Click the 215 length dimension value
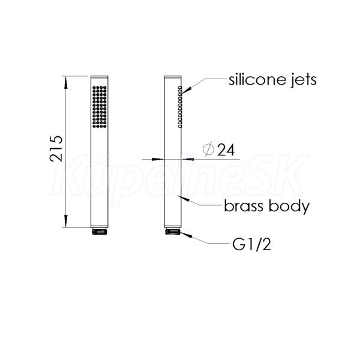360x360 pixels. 56,149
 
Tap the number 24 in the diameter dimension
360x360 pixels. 226,151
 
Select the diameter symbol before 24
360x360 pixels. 208,149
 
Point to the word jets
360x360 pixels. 304,80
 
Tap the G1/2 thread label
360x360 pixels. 251,244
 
